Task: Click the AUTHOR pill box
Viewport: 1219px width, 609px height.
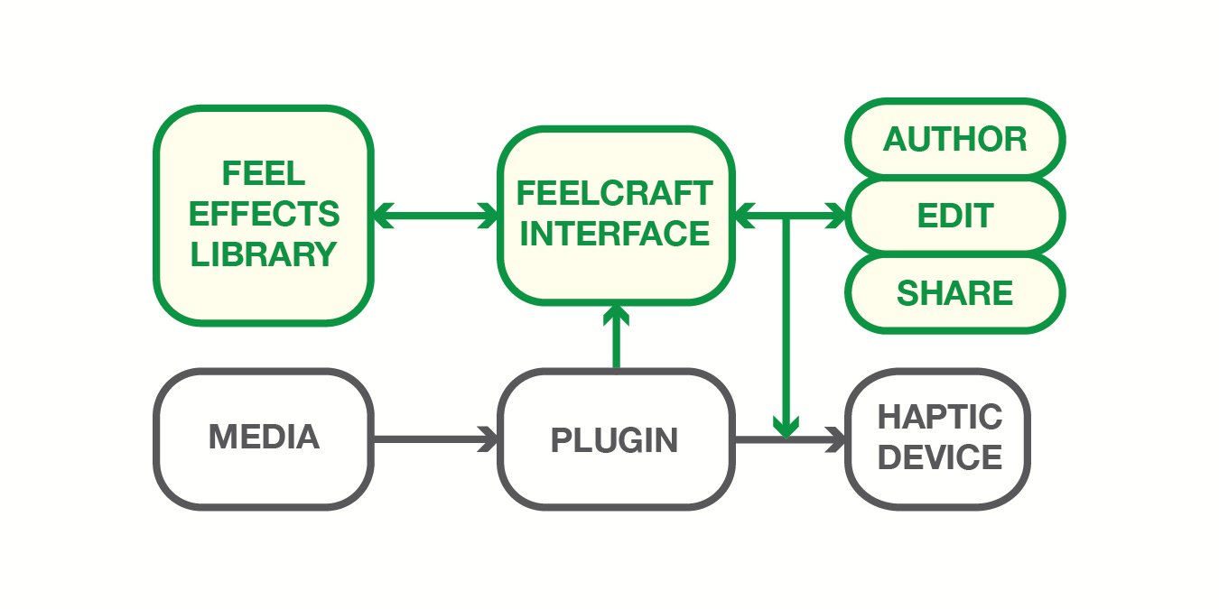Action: tap(954, 139)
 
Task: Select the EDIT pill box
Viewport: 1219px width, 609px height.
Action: tap(954, 217)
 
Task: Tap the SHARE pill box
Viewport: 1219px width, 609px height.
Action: tap(954, 293)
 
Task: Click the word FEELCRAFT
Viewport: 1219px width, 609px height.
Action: tap(615, 193)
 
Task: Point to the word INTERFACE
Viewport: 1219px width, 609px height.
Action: tap(615, 234)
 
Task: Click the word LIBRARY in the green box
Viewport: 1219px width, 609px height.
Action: tap(264, 254)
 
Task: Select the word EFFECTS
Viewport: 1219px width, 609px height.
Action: tap(264, 214)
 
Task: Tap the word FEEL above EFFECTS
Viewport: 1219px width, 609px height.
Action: tap(264, 173)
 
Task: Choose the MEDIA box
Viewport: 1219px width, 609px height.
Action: tap(264, 438)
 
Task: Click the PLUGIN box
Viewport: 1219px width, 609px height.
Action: tap(615, 440)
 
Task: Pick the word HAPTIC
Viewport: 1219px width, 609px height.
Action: tap(940, 418)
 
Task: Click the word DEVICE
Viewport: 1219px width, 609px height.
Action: tap(940, 457)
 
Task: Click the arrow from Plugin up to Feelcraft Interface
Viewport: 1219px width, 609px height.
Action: tap(617, 338)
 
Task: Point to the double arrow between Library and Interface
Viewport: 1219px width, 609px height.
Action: tap(435, 216)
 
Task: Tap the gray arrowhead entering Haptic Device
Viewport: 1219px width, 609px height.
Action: tap(839, 440)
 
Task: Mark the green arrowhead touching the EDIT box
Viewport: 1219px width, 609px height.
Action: tap(837, 217)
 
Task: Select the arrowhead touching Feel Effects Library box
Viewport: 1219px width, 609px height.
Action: tap(381, 216)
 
